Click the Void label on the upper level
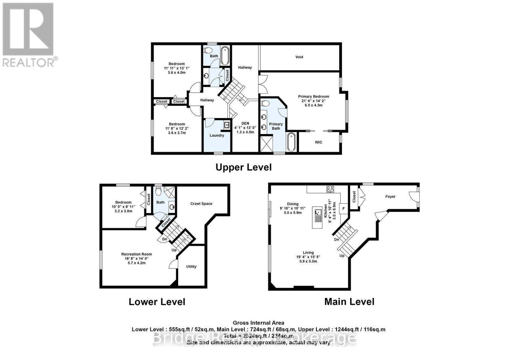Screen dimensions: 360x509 (299, 57)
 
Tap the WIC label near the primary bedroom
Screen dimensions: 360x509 (318, 142)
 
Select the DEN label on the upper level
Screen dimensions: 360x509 (245, 124)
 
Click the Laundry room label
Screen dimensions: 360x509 (217, 135)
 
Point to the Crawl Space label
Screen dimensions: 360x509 (201, 204)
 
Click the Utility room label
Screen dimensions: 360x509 (191, 266)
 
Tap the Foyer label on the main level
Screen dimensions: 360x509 (390, 196)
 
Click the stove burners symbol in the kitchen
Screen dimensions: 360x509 (330, 189)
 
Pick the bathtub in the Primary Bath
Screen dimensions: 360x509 (291, 142)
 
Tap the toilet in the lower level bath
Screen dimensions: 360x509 (158, 191)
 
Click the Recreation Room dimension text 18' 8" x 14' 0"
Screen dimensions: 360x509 (136, 259)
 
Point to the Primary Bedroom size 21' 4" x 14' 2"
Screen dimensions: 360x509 (313, 101)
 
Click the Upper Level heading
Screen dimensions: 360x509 (243, 167)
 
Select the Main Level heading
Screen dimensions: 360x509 (349, 301)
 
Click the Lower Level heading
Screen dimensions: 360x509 (157, 302)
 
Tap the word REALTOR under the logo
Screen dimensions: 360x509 (29, 62)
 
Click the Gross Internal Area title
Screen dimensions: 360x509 (258, 323)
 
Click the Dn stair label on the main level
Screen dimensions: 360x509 (337, 240)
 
